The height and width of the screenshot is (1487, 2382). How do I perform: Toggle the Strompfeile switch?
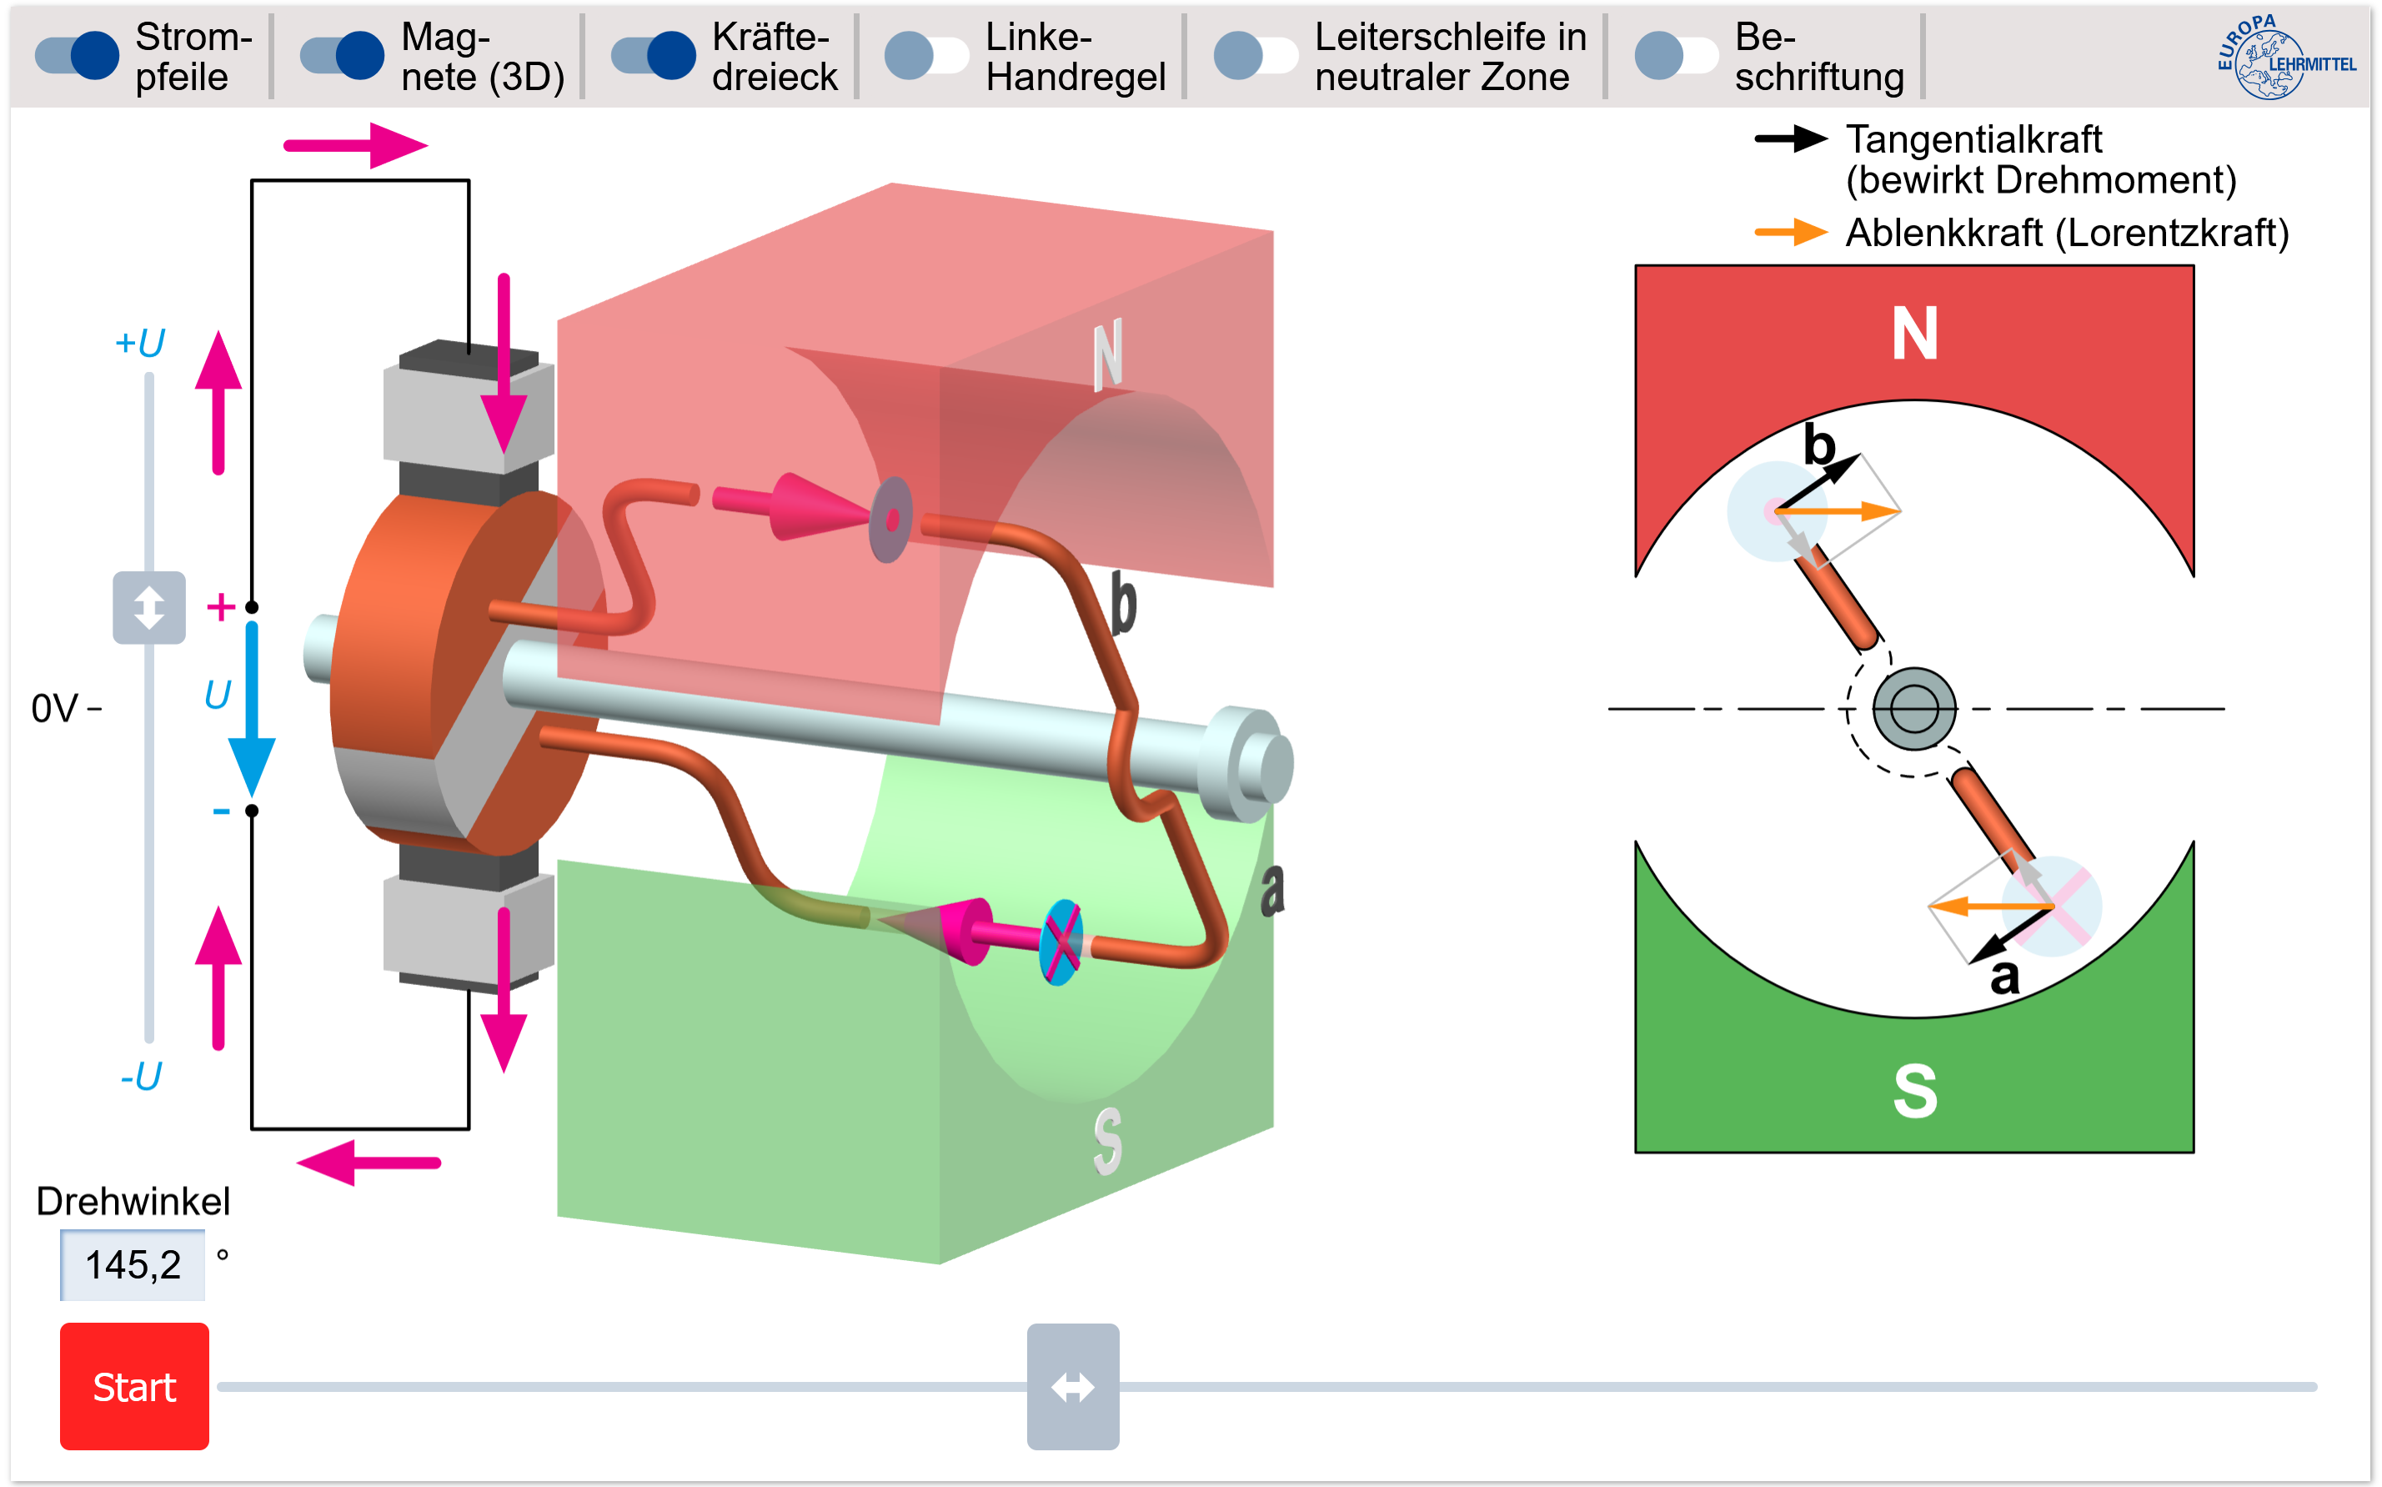click(x=78, y=54)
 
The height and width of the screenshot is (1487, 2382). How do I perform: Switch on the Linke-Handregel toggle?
click(x=926, y=54)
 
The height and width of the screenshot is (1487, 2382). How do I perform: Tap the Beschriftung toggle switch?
click(x=1676, y=54)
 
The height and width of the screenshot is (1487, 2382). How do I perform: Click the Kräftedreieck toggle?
click(x=654, y=54)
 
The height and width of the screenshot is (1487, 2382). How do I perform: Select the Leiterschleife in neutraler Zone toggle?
click(x=1256, y=54)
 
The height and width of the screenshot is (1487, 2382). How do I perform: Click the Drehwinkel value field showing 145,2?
click(x=133, y=1264)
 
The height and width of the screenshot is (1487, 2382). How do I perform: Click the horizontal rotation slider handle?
click(x=1072, y=1386)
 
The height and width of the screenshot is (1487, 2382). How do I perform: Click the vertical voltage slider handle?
click(x=148, y=608)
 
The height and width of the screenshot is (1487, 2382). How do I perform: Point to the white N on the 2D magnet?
click(x=1913, y=334)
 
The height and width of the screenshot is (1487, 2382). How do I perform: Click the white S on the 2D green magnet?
click(x=1914, y=1091)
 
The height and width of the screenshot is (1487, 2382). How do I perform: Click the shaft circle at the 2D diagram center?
click(x=1913, y=708)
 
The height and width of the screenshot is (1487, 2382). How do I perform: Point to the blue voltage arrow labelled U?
click(x=252, y=708)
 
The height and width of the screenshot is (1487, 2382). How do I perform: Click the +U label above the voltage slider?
click(x=139, y=344)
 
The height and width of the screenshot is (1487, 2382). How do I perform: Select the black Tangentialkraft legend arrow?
click(x=1790, y=139)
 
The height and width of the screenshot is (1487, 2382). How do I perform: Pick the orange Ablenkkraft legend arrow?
click(x=1790, y=233)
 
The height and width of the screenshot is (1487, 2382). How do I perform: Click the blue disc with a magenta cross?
click(x=1061, y=942)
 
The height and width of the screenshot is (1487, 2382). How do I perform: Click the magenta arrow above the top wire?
click(x=355, y=146)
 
